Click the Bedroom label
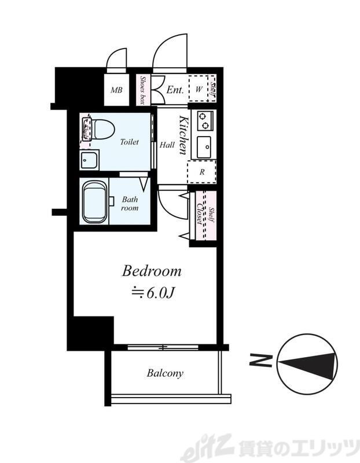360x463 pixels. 152,271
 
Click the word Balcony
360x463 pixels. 165,373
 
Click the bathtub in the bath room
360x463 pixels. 95,202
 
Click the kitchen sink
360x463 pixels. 204,147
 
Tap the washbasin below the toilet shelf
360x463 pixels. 89,160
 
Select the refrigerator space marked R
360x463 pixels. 202,172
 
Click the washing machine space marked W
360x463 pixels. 199,89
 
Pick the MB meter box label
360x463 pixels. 116,90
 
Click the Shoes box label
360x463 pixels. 143,90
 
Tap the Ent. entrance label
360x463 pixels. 175,90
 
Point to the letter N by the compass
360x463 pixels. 261,360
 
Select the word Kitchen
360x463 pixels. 183,135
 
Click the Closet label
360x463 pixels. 200,214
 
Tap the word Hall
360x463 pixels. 167,145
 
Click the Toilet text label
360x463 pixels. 129,142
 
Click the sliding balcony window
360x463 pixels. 163,347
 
